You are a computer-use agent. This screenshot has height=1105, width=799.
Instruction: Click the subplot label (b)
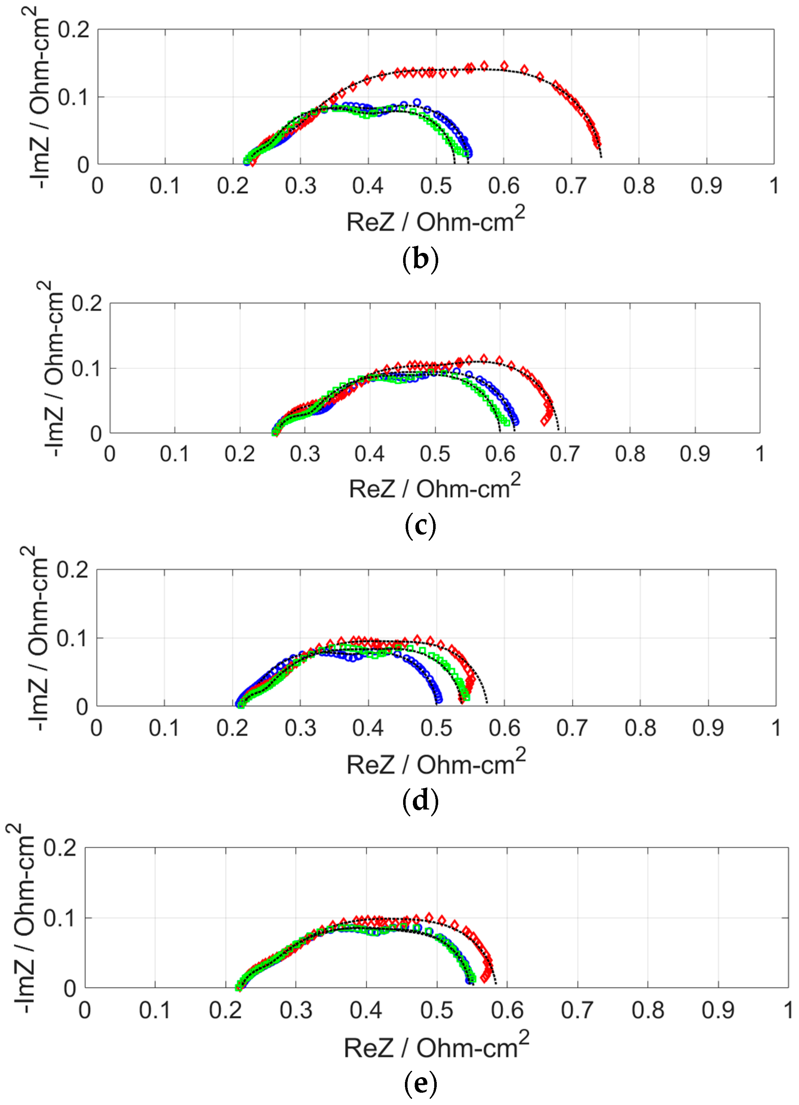[x=420, y=260]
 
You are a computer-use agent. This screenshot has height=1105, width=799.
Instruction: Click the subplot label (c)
[x=420, y=526]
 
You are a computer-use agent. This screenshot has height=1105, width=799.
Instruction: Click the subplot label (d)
[x=420, y=800]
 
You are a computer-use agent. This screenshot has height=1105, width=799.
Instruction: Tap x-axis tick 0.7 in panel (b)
[x=571, y=186]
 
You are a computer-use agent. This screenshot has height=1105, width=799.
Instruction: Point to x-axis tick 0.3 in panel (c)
[x=305, y=454]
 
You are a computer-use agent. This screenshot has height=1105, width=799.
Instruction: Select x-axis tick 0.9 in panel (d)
[x=708, y=728]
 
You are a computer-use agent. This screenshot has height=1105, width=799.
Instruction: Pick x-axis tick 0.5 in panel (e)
[x=436, y=1010]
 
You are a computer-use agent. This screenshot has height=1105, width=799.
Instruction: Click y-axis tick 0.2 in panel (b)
[x=73, y=30]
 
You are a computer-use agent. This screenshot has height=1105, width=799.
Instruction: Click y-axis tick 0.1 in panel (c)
[x=86, y=369]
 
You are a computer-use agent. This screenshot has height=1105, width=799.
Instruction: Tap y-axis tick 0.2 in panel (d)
[x=72, y=570]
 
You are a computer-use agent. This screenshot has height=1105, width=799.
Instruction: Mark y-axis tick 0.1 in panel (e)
[x=60, y=918]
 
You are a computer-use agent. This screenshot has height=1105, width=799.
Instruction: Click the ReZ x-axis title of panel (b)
[x=435, y=220]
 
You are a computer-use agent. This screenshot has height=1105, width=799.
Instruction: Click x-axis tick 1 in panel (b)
[x=774, y=186]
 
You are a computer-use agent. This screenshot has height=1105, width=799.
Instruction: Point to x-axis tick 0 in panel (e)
[x=85, y=1010]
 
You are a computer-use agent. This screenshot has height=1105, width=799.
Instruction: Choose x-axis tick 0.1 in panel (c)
[x=175, y=454]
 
